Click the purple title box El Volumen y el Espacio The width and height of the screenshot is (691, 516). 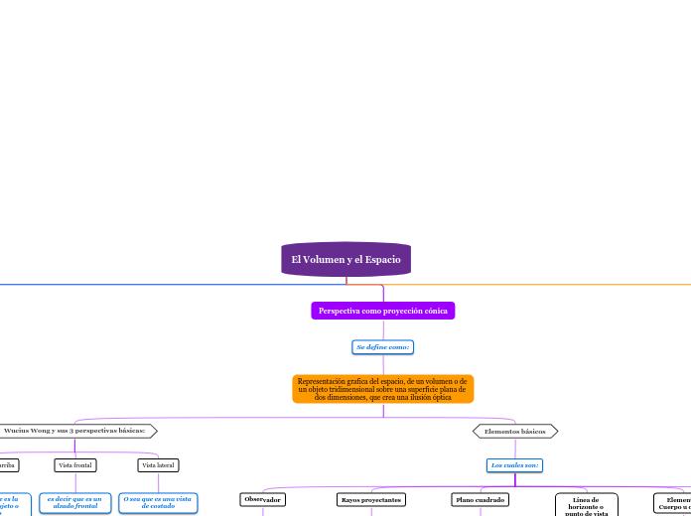click(345, 259)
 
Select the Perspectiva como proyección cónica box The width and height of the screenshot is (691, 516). click(382, 311)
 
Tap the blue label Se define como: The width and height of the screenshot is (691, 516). click(383, 347)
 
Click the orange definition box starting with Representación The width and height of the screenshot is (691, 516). click(382, 389)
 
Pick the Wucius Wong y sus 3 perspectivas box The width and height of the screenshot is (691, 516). click(74, 431)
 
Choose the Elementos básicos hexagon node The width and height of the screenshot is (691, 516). click(515, 432)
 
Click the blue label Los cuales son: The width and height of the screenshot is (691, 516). click(514, 464)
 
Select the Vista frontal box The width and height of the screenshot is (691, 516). click(75, 464)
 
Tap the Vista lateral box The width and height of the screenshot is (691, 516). click(158, 464)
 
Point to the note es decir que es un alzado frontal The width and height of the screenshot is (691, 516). click(74, 503)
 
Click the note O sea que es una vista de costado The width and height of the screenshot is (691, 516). click(157, 503)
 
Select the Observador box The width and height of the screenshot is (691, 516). click(262, 499)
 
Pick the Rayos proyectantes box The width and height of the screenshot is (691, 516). click(370, 499)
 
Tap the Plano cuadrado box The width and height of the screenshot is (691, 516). click(481, 499)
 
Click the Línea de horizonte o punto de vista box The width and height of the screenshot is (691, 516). click(586, 506)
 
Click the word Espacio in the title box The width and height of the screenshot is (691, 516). click(381, 259)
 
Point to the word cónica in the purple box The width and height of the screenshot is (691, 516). click(433, 311)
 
